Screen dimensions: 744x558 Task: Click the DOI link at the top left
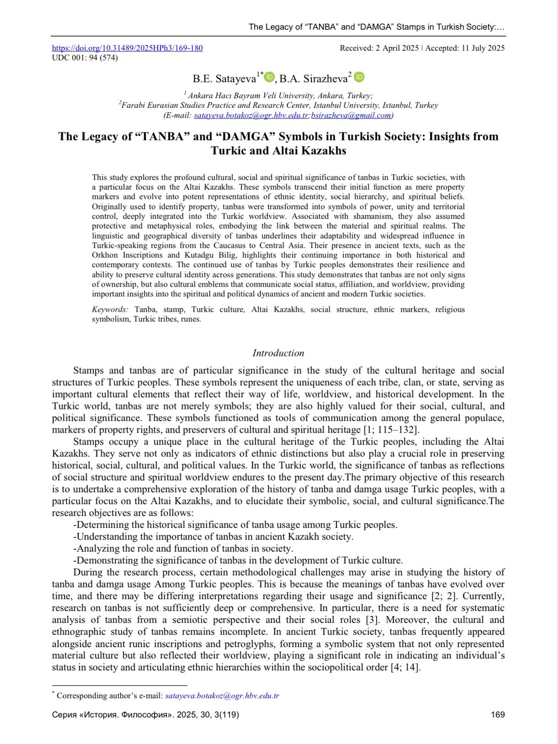(x=128, y=48)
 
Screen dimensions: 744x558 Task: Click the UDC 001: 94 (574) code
(x=85, y=58)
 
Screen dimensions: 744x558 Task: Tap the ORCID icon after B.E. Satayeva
(x=269, y=77)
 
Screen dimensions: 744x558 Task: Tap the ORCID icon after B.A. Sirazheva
(x=359, y=77)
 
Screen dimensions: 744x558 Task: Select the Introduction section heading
(x=278, y=353)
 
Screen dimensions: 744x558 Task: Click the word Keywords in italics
(x=110, y=309)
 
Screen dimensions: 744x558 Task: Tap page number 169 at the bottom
(x=498, y=715)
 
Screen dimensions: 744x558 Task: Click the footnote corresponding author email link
(x=222, y=696)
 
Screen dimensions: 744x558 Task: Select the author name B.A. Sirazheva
(x=313, y=79)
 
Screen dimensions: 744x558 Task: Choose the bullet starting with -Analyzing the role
(x=183, y=548)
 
